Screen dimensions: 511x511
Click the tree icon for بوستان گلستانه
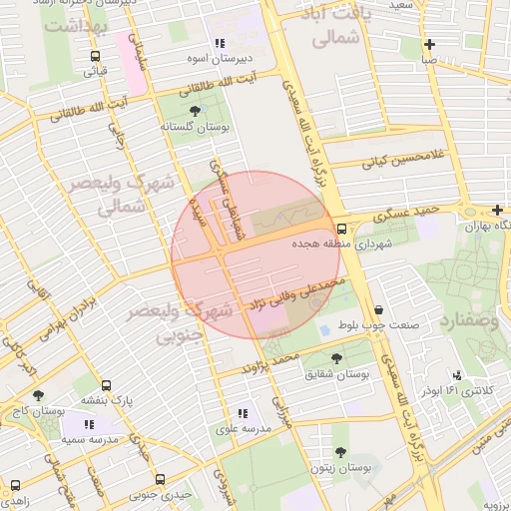(193, 111)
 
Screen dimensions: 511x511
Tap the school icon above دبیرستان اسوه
(219, 43)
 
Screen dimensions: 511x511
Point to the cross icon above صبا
(429, 44)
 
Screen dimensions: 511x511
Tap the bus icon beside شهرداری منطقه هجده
(342, 228)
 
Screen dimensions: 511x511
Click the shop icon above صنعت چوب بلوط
(376, 308)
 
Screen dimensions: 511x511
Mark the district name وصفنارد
(466, 322)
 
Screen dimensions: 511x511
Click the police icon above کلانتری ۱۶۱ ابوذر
(457, 374)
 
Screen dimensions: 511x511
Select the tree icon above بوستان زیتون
(341, 451)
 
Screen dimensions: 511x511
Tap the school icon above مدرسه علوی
(242, 412)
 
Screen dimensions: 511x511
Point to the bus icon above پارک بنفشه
(107, 384)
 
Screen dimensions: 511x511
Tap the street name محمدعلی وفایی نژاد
(299, 291)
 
